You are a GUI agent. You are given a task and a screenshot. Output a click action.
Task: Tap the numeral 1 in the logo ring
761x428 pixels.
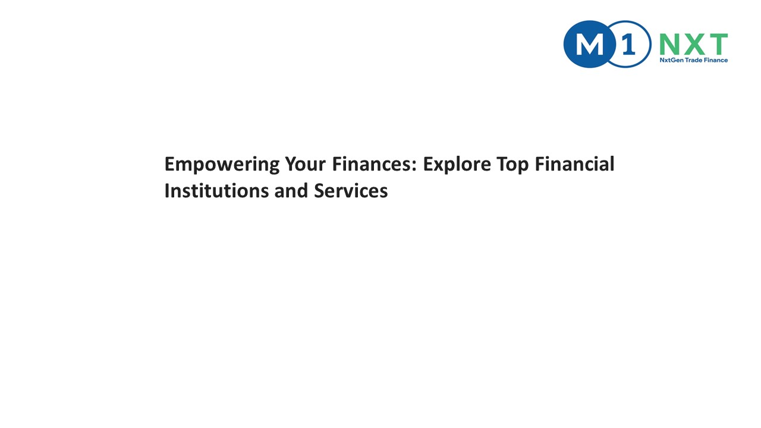point(627,44)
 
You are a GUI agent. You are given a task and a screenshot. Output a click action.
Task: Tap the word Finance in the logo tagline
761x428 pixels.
point(716,60)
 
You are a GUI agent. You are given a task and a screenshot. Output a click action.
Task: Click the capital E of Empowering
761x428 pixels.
point(169,164)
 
